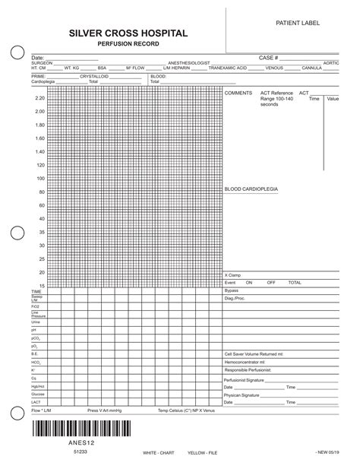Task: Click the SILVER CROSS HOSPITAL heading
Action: (x=128, y=35)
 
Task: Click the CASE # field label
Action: (x=269, y=57)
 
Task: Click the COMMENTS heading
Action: (x=238, y=93)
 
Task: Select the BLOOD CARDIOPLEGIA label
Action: (x=251, y=188)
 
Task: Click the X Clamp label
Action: (x=232, y=275)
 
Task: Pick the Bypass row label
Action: (x=232, y=290)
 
